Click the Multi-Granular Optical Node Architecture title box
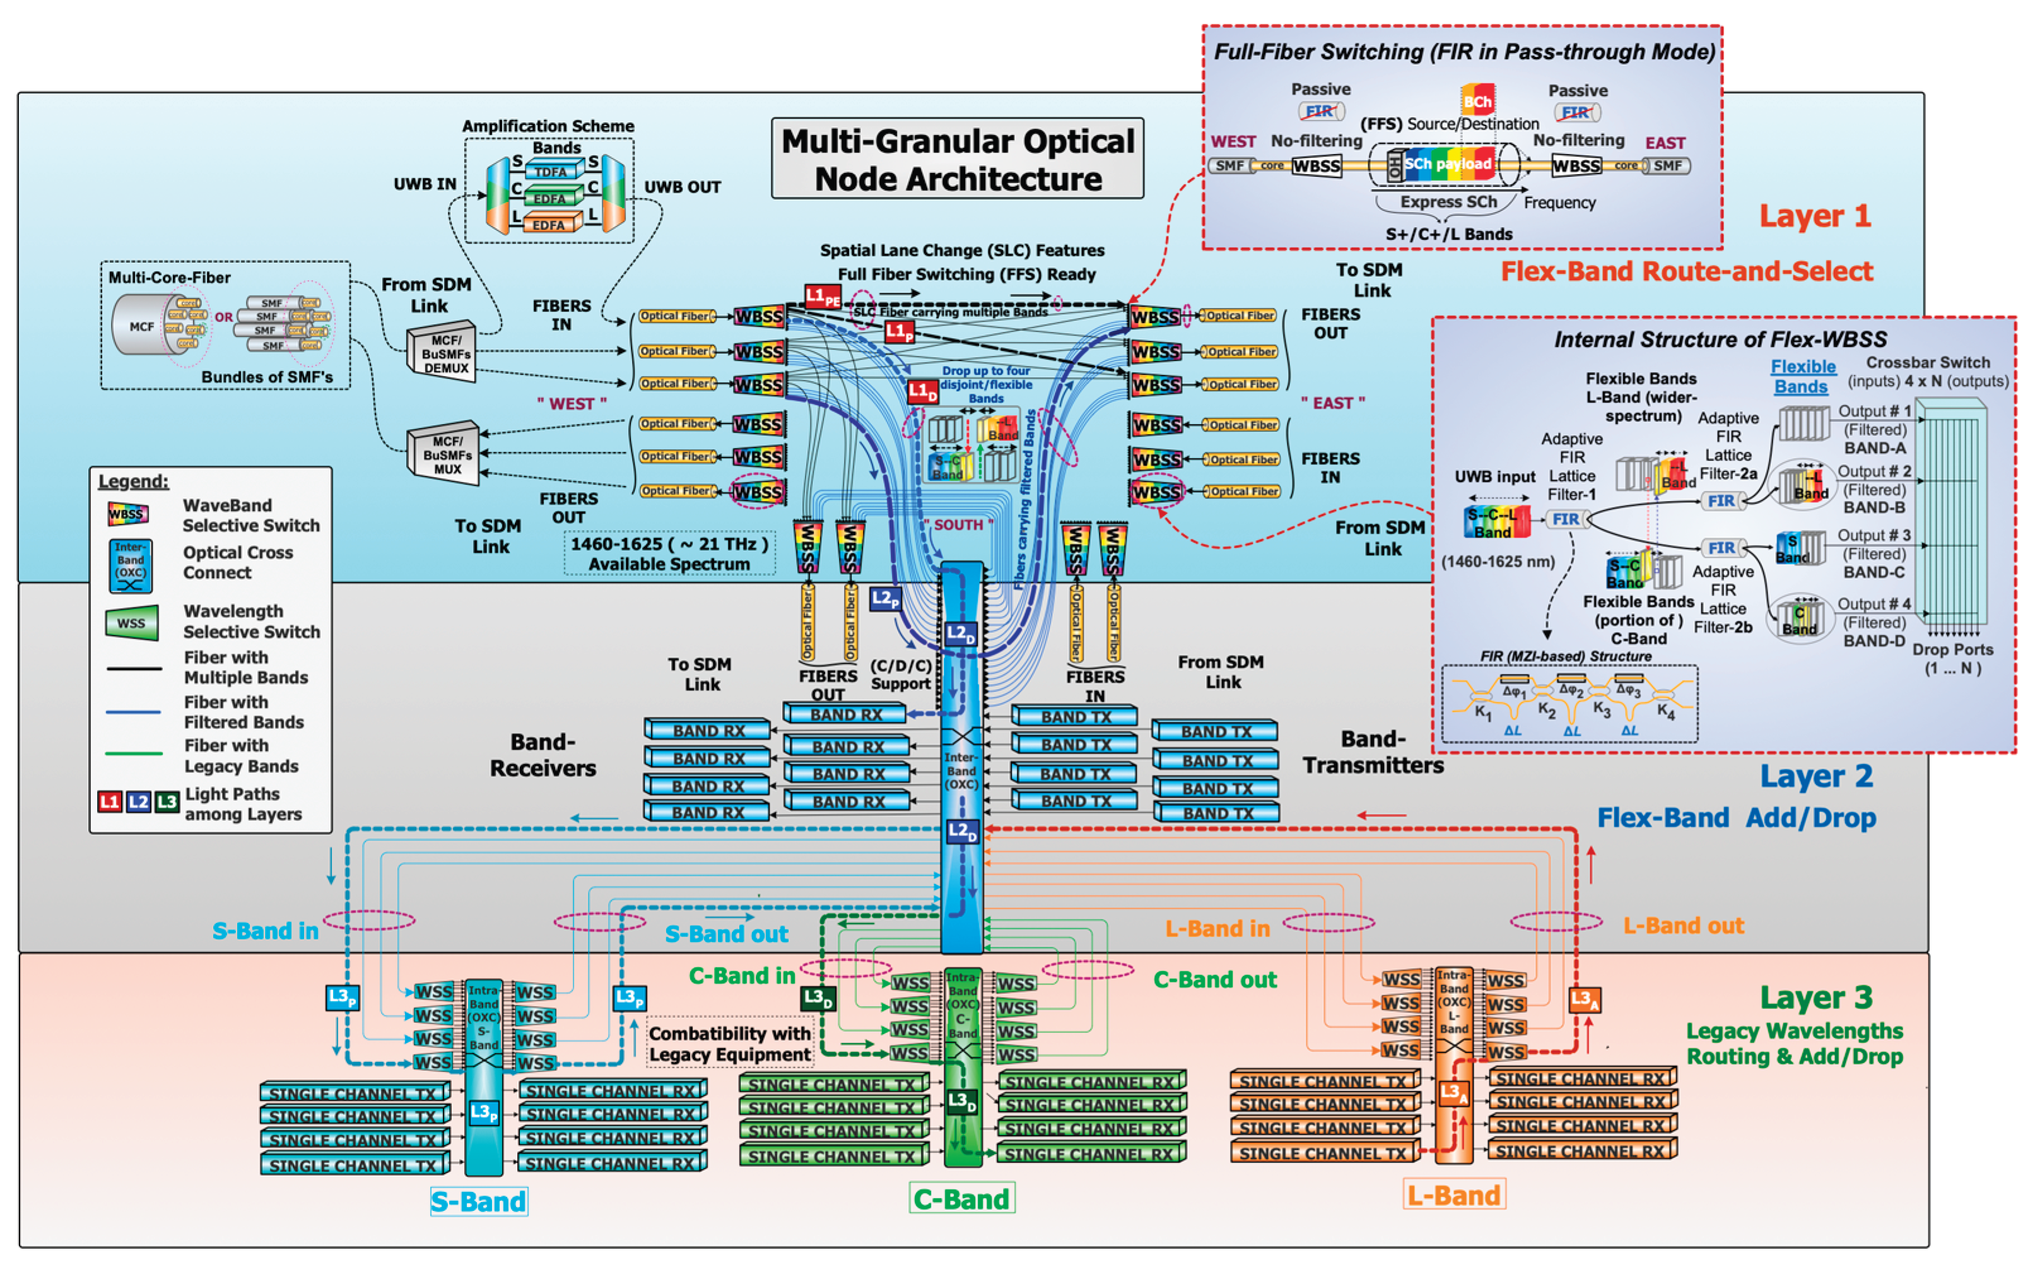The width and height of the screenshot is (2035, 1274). click(957, 158)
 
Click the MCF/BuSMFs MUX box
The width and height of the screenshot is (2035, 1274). click(445, 455)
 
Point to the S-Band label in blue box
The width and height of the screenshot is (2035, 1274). click(478, 1201)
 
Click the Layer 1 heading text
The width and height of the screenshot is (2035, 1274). click(1814, 216)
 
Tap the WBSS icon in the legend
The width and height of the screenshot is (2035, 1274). click(128, 514)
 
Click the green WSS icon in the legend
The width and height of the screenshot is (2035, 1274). click(131, 623)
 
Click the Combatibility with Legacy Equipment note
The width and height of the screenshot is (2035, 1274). click(729, 1043)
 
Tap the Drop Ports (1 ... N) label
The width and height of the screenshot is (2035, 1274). click(1952, 658)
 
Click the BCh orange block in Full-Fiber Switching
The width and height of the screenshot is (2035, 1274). click(1477, 100)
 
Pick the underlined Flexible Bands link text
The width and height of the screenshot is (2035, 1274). click(1802, 377)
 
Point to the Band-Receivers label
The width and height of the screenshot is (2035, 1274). click(542, 754)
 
